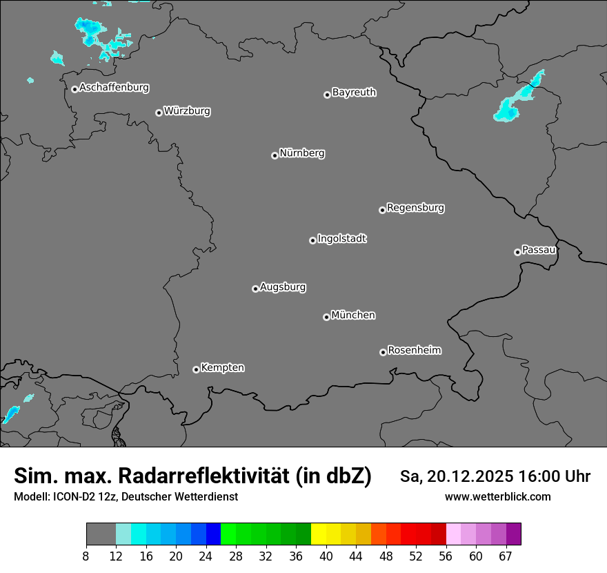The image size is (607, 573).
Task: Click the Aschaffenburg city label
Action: pyautogui.click(x=114, y=88)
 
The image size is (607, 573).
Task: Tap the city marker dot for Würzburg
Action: pyautogui.click(x=159, y=113)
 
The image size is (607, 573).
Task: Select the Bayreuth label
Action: pyautogui.click(x=354, y=93)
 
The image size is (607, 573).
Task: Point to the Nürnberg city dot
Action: pyautogui.click(x=275, y=155)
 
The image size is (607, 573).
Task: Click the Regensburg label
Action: pyautogui.click(x=415, y=208)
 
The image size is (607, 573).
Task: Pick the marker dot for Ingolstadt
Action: pyautogui.click(x=312, y=240)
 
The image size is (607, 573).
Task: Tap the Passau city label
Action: pyautogui.click(x=539, y=250)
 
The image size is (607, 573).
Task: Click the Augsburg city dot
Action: pyautogui.click(x=255, y=289)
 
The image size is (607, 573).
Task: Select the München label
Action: pyautogui.click(x=353, y=315)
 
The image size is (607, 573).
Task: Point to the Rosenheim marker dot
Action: pyautogui.click(x=383, y=353)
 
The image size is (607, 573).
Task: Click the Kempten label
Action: pyautogui.click(x=222, y=368)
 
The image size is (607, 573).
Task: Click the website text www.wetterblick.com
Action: pyautogui.click(x=498, y=497)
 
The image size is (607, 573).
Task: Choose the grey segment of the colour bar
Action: pyautogui.click(x=101, y=534)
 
